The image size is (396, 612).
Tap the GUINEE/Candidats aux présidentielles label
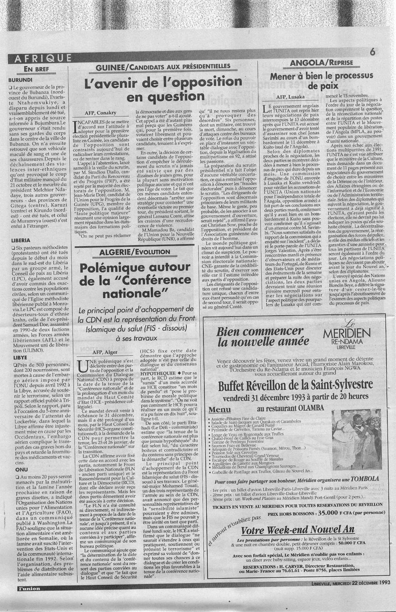(x=163, y=67)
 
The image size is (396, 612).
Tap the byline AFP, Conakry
(x=99, y=113)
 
